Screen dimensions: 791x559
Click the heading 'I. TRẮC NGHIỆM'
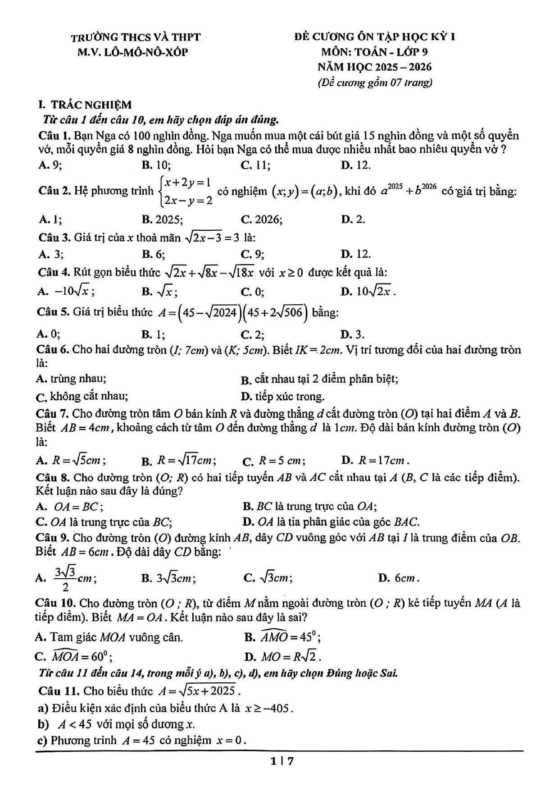tap(86, 105)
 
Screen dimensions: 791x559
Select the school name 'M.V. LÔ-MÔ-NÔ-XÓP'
tap(132, 52)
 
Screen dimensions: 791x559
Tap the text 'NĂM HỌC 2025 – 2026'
tap(374, 67)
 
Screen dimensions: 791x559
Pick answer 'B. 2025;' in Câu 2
tap(162, 219)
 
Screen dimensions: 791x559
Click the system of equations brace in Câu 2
tap(161, 192)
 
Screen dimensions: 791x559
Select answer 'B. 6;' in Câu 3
tap(154, 254)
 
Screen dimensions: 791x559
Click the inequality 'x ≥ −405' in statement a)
tap(269, 708)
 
